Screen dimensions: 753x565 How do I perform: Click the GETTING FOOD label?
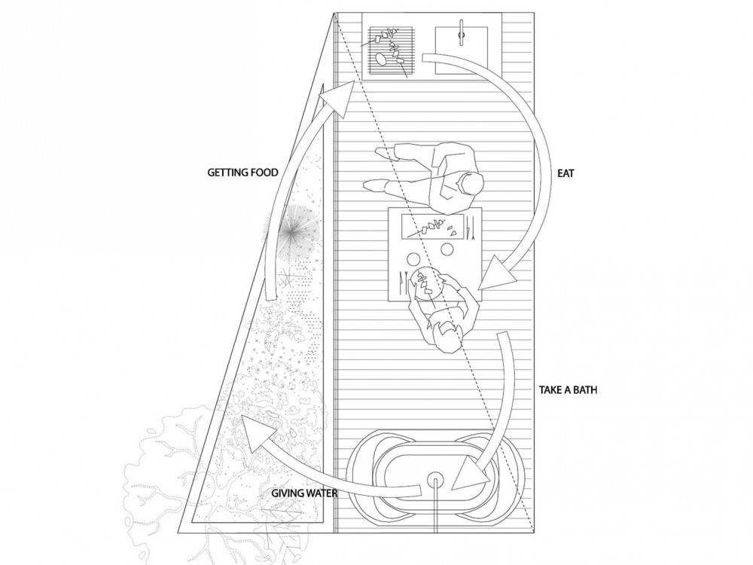(x=242, y=172)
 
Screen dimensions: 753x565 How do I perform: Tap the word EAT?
(x=566, y=173)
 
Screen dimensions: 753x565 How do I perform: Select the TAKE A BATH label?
(x=568, y=389)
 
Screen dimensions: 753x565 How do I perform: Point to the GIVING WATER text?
(x=304, y=493)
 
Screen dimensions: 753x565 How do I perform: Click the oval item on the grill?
(x=380, y=59)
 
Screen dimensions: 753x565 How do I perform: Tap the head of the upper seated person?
(x=468, y=185)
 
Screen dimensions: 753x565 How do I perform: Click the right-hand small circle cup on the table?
(x=447, y=250)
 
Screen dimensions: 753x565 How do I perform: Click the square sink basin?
(x=462, y=50)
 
